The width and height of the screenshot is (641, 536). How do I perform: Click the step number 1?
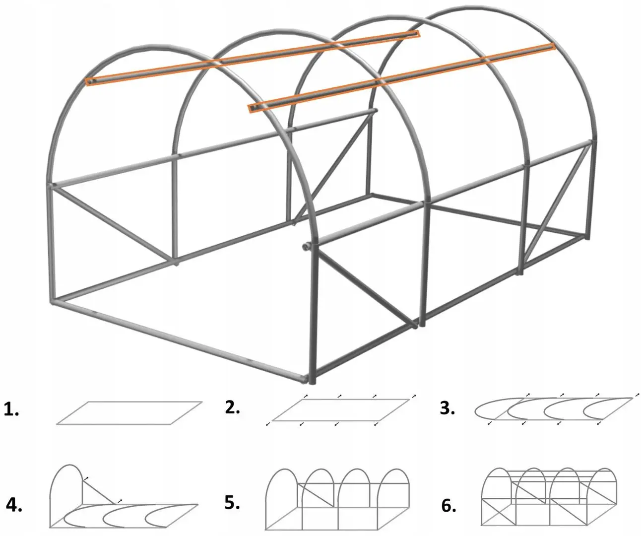pos(11,410)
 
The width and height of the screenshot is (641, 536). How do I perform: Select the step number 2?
pos(232,407)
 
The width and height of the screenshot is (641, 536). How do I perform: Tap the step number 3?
pos(448,408)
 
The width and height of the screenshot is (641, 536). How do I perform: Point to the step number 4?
pos(14,505)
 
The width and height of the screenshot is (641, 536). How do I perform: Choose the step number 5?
pos(232,503)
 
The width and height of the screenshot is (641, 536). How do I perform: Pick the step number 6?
pos(449,506)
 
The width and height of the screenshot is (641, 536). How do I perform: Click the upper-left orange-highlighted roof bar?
pos(253,58)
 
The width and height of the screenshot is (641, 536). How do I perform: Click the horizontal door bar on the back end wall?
pos(331,120)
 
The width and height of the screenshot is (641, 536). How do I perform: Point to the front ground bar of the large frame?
pos(180,340)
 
